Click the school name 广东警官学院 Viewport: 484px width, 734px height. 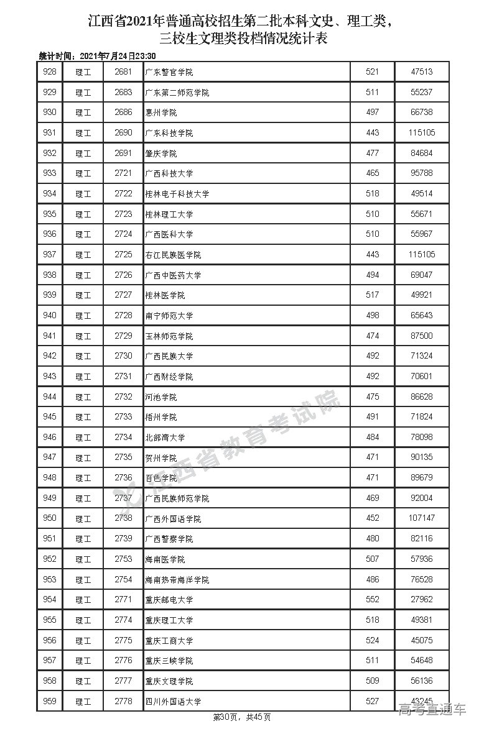(x=169, y=72)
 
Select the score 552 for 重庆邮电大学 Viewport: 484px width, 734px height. (x=372, y=600)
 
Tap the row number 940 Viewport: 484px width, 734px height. (x=50, y=316)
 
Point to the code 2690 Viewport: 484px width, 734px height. (x=124, y=133)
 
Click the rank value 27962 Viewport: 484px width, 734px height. (x=422, y=600)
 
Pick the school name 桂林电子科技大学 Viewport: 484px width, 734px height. (x=177, y=194)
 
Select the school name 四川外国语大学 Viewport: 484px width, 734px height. (x=173, y=702)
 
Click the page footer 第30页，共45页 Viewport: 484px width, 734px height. (x=242, y=717)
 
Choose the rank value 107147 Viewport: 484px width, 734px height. (x=422, y=518)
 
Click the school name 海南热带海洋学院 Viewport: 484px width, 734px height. (x=177, y=580)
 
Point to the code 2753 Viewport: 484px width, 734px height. (x=124, y=559)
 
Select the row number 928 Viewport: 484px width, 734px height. (x=50, y=72)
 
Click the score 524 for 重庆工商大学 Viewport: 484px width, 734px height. (x=372, y=641)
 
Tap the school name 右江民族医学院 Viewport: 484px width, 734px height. (x=173, y=255)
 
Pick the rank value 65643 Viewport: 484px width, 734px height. (x=422, y=316)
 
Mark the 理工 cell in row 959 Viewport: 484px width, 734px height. (x=83, y=702)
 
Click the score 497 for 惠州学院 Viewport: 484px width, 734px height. (x=372, y=112)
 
